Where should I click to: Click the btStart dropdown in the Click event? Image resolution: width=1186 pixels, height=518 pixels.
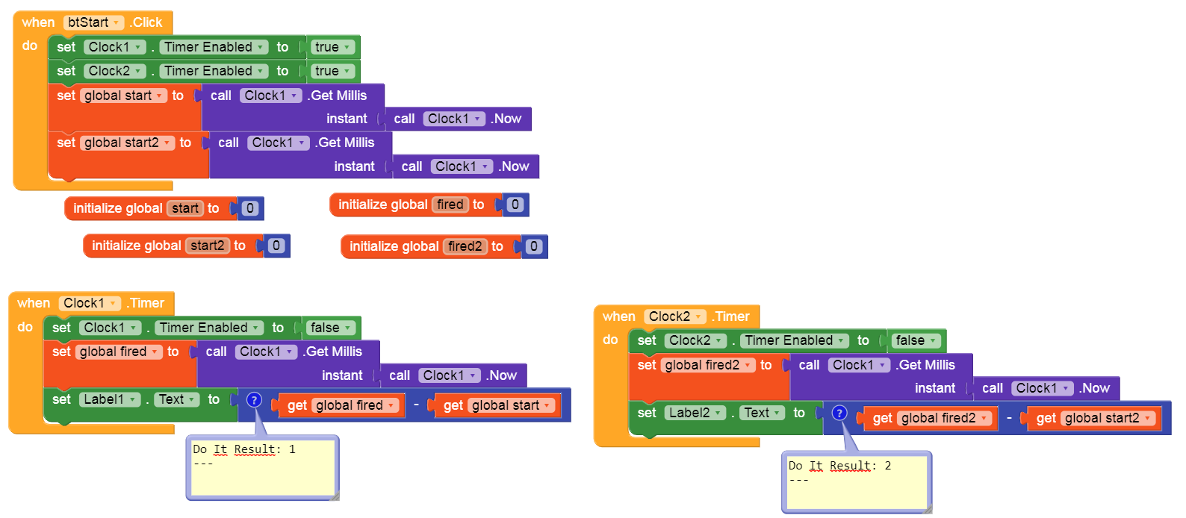point(93,22)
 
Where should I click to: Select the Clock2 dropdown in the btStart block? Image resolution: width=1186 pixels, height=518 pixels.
point(114,71)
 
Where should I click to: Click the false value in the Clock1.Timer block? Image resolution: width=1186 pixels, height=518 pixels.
point(329,328)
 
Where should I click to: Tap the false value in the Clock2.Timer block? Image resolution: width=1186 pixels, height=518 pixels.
point(915,340)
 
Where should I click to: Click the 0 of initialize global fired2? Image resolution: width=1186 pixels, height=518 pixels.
point(533,246)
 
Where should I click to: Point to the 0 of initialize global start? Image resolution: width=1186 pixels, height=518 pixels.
point(250,208)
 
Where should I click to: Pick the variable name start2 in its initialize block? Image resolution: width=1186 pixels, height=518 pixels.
point(207,246)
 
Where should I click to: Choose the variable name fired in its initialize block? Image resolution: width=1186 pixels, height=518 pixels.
point(450,205)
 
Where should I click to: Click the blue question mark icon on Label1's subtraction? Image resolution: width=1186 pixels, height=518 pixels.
point(254,400)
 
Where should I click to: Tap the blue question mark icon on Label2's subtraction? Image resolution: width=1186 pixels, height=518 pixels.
point(839,413)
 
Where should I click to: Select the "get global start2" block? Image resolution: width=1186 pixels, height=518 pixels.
point(1092,418)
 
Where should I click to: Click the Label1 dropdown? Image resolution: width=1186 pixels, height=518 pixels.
point(109,399)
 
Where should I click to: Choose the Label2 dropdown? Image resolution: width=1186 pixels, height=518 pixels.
point(695,413)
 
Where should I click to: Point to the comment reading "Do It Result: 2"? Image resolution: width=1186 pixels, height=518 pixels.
point(857,482)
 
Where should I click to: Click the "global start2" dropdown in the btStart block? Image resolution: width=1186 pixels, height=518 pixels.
point(128,143)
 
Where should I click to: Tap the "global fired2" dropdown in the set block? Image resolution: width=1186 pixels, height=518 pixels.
point(707,365)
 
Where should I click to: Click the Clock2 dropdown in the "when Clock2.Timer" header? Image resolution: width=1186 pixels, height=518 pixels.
point(674,316)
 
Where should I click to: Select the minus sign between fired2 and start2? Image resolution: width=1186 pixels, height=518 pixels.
point(1009,418)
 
